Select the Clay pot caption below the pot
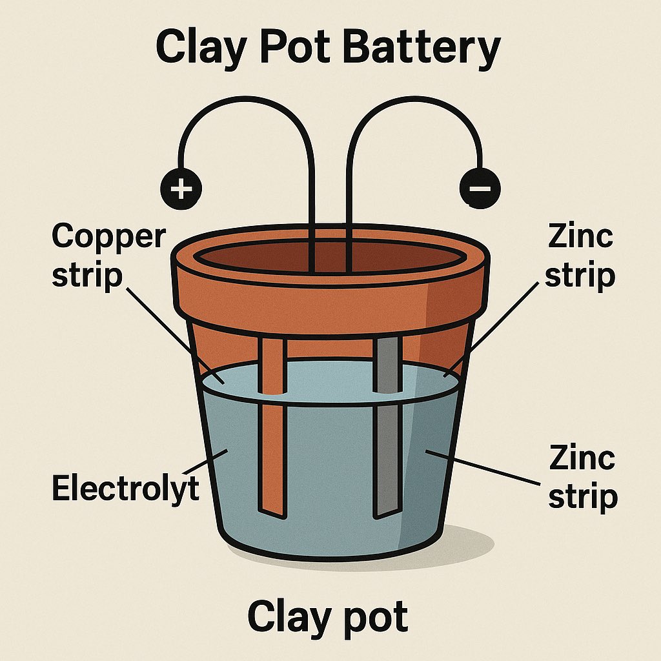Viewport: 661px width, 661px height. tap(328, 616)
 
